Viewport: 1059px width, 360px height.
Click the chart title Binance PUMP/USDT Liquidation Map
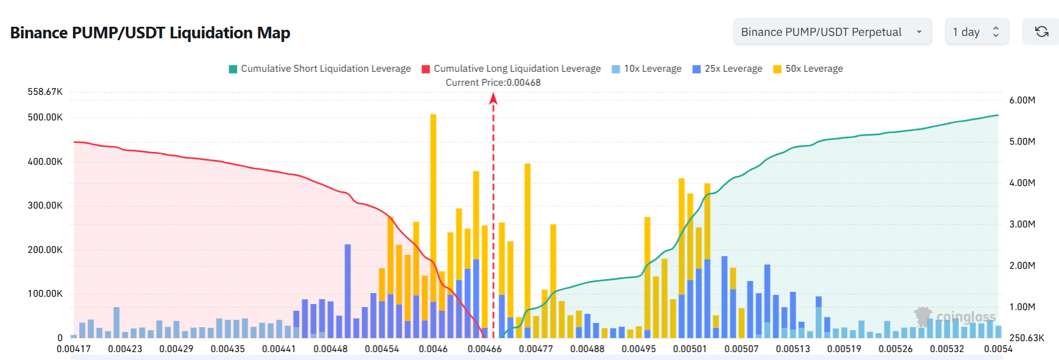click(x=150, y=33)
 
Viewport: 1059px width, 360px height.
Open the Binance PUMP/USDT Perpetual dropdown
click(x=832, y=32)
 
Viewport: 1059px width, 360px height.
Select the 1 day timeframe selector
click(x=976, y=32)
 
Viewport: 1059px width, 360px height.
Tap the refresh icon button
click(x=1041, y=32)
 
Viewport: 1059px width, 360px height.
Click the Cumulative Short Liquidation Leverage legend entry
click(x=320, y=69)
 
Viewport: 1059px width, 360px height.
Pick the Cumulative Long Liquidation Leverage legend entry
click(x=511, y=69)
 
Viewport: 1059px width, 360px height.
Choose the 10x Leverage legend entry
click(x=647, y=69)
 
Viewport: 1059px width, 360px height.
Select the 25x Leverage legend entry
click(x=728, y=69)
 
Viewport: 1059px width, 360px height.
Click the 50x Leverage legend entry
click(x=808, y=69)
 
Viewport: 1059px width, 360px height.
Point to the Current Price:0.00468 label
click(x=493, y=83)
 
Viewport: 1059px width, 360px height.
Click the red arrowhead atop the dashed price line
click(x=493, y=99)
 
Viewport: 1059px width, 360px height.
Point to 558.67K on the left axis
click(x=45, y=92)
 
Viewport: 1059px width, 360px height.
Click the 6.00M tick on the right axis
click(x=1022, y=100)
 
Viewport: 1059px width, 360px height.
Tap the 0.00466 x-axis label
click(x=485, y=349)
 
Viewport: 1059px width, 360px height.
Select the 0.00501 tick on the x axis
click(x=690, y=349)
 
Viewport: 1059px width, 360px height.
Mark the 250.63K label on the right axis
click(x=1026, y=338)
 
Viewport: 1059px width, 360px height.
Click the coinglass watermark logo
click(x=955, y=317)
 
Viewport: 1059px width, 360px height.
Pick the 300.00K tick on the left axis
click(x=45, y=206)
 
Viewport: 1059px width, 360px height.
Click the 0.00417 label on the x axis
click(x=74, y=349)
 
